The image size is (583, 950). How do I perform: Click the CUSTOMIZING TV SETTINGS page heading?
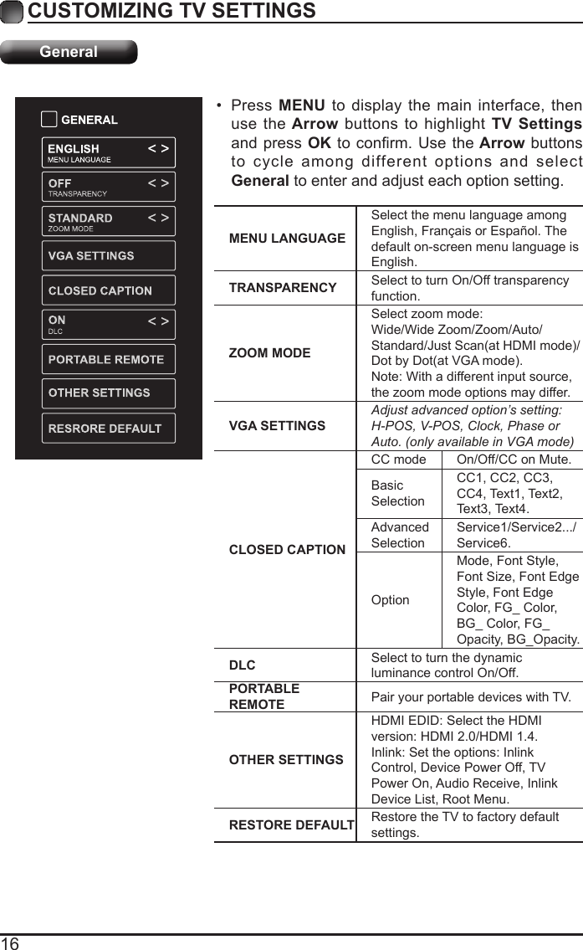[x=171, y=11]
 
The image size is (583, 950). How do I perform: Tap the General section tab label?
[x=69, y=52]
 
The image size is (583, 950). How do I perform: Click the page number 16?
[x=10, y=942]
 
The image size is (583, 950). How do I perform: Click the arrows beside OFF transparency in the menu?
[x=158, y=182]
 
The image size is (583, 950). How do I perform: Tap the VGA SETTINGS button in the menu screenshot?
[x=108, y=256]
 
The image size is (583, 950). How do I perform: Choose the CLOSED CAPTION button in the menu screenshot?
[x=108, y=291]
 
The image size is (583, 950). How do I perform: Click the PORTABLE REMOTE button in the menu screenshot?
[x=108, y=360]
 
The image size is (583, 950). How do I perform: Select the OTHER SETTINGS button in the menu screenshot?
[x=108, y=393]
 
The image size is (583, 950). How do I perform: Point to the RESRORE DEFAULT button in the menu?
[x=108, y=429]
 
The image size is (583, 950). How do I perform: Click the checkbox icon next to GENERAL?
[x=49, y=120]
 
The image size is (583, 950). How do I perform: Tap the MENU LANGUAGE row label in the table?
[x=287, y=239]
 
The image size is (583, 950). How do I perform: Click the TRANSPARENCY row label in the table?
[x=283, y=288]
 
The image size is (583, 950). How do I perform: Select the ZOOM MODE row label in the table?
[x=269, y=353]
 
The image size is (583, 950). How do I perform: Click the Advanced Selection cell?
[x=400, y=535]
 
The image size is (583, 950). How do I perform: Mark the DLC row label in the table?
[x=243, y=665]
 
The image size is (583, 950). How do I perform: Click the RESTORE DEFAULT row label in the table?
[x=291, y=825]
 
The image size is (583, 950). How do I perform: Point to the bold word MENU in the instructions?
[x=302, y=106]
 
